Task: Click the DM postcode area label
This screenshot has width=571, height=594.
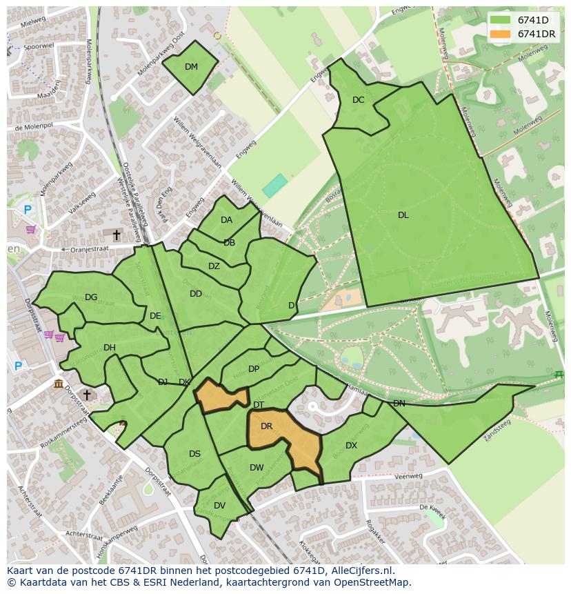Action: (191, 67)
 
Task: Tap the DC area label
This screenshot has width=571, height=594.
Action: (358, 100)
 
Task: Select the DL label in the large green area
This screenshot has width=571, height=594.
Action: (403, 215)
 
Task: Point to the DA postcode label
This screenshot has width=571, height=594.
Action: (226, 220)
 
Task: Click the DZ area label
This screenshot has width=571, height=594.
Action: (214, 266)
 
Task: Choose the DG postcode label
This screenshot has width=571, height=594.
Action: (91, 297)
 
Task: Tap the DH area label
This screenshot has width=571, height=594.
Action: (109, 348)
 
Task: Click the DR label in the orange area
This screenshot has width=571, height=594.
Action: (267, 426)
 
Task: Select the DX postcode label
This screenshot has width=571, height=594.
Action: (351, 446)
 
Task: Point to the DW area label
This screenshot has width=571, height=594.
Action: (257, 468)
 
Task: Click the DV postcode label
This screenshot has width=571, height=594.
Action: (219, 506)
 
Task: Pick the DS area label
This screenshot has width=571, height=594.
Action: (194, 454)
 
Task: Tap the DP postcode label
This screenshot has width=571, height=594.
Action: (254, 369)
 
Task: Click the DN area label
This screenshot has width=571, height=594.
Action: (399, 404)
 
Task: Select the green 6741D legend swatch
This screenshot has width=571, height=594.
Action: (501, 20)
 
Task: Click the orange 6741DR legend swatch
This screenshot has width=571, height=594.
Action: (501, 34)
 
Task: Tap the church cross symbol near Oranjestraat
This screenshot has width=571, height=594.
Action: (117, 236)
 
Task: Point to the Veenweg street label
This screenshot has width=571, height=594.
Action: (409, 476)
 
